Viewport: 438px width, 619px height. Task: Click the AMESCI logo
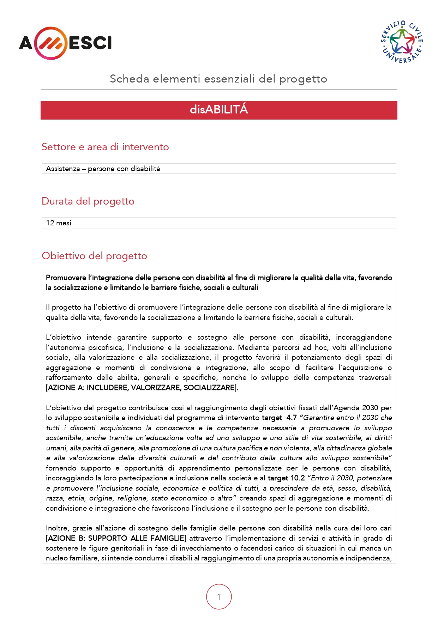[x=65, y=43]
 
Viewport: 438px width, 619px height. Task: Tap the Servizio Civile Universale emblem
[x=402, y=42]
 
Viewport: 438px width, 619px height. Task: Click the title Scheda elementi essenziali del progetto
[x=218, y=79]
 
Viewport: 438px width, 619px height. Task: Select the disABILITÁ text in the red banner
[x=219, y=110]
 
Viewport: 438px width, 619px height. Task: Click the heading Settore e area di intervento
[x=105, y=147]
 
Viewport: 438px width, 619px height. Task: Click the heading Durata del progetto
[x=88, y=201]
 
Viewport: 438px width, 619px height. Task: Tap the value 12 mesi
[x=59, y=223]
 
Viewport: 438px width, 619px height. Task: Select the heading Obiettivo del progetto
[x=94, y=256]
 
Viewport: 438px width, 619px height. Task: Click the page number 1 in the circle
[x=219, y=597]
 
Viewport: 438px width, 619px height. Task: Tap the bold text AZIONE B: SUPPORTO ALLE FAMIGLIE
[x=116, y=538]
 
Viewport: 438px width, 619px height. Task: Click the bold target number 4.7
[x=292, y=418]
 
